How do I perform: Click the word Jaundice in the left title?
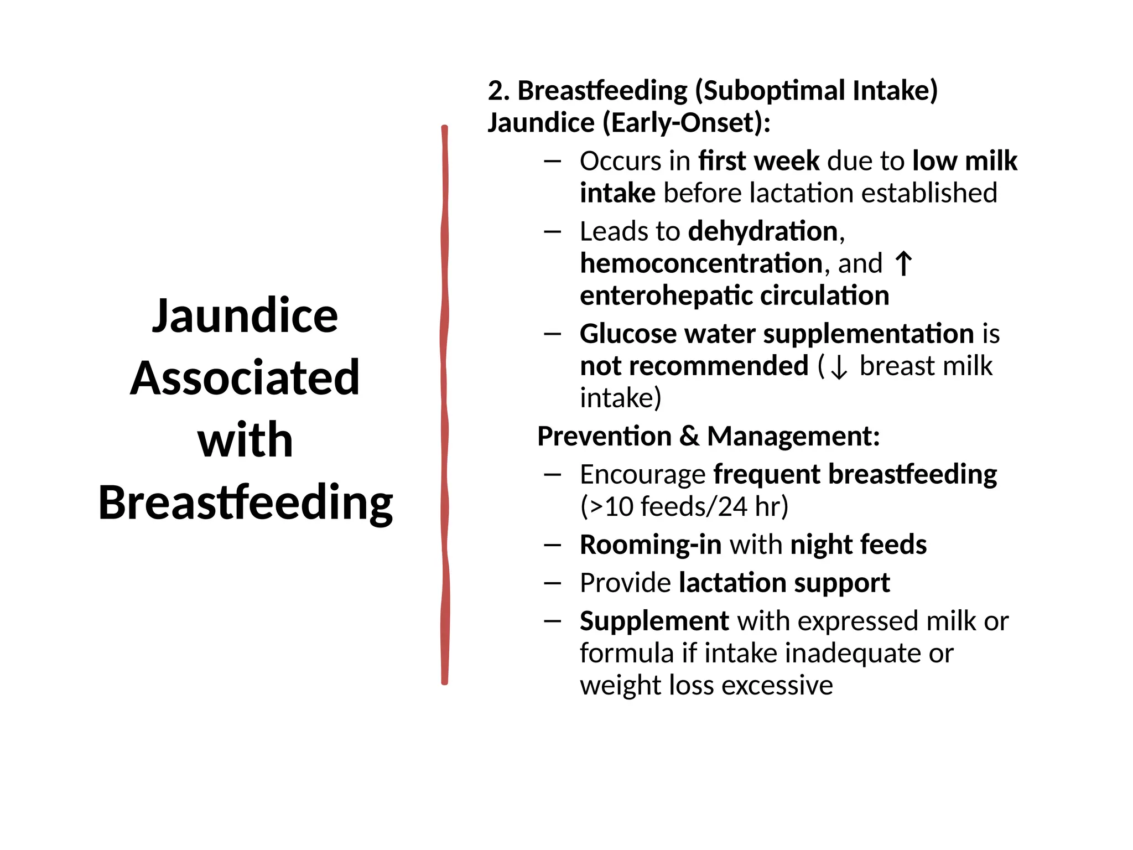point(245,317)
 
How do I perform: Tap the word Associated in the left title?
point(245,378)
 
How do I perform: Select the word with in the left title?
point(245,440)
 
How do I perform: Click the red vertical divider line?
point(444,404)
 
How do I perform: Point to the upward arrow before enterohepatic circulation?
point(903,263)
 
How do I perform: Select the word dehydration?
point(763,231)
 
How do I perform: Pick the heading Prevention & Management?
point(708,437)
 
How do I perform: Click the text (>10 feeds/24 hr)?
point(684,507)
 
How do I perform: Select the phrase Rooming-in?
point(650,545)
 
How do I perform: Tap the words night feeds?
point(858,545)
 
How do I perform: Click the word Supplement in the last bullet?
point(654,621)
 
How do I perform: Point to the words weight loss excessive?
point(706,686)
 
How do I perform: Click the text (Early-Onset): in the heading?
point(686,123)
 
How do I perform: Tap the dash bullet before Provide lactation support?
point(552,583)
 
